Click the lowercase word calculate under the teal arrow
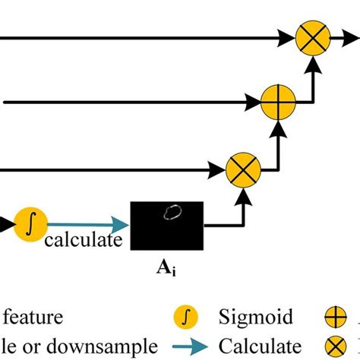pos(83,241)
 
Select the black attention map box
pos(166,226)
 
